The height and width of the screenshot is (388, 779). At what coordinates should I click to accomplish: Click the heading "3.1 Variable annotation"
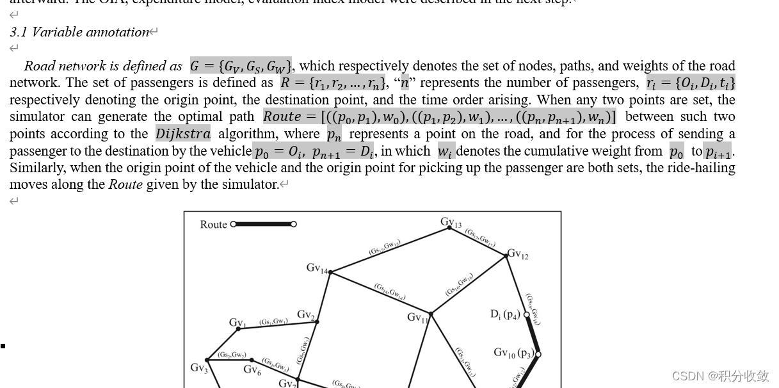click(x=80, y=32)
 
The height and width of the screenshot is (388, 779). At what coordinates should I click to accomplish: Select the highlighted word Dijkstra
click(x=182, y=134)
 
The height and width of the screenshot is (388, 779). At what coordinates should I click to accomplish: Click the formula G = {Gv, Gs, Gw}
click(x=241, y=65)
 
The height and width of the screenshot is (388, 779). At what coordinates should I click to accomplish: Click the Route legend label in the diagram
click(x=213, y=225)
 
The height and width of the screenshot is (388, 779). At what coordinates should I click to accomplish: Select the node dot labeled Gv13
click(x=450, y=227)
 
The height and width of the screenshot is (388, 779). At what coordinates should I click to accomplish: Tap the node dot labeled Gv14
click(x=330, y=273)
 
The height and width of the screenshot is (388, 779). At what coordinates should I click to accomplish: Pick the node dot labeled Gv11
click(x=431, y=314)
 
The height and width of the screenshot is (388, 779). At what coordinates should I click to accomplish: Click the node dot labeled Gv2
click(x=316, y=321)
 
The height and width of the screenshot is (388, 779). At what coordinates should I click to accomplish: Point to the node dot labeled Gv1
click(x=239, y=328)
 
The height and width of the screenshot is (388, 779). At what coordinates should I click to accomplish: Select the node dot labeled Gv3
click(x=207, y=360)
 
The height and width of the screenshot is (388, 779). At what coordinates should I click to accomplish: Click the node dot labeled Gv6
click(x=252, y=360)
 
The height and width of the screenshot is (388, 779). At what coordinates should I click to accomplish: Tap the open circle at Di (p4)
click(x=527, y=314)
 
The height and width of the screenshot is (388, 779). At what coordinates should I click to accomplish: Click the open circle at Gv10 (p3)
click(x=538, y=353)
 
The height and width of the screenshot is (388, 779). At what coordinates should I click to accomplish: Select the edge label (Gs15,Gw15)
click(x=385, y=248)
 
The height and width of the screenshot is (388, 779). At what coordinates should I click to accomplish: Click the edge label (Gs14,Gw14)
click(x=390, y=292)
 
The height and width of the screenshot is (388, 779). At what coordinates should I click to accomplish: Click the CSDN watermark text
click(x=720, y=376)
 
